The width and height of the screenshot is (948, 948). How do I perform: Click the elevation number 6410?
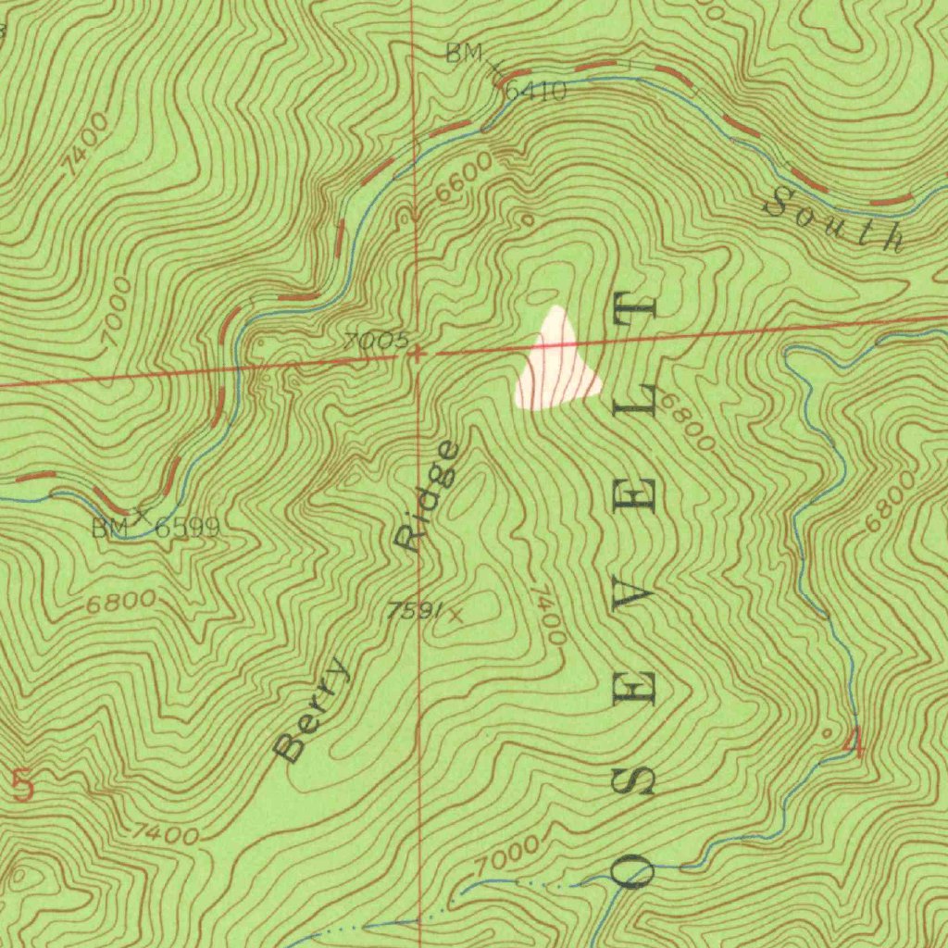(536, 91)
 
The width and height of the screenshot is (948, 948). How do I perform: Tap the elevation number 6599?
(187, 529)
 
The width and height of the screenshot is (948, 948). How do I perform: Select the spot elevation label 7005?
(375, 340)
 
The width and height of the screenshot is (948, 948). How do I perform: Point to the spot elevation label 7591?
(413, 610)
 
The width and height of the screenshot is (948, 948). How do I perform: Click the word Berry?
(314, 709)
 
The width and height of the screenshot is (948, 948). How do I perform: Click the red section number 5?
(23, 786)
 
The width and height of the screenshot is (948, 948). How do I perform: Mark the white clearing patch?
(555, 366)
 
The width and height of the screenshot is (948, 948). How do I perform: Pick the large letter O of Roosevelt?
(637, 868)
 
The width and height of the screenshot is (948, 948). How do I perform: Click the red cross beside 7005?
(418, 354)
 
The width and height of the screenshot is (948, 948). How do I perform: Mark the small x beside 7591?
(454, 612)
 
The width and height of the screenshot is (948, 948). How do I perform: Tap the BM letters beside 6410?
(463, 54)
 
